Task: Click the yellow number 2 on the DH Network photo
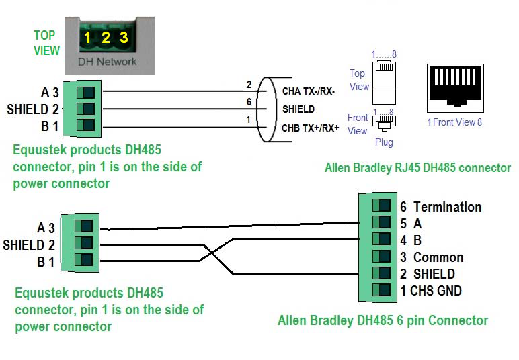(106, 38)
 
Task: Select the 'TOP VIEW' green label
(46, 42)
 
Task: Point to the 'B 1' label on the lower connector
(46, 261)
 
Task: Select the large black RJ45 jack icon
(456, 88)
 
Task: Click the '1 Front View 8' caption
(454, 122)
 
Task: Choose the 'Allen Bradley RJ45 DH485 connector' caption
(417, 168)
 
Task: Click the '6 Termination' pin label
(440, 207)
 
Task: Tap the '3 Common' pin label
(431, 257)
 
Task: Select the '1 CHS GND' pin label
(431, 291)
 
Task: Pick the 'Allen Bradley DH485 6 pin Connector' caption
(383, 320)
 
